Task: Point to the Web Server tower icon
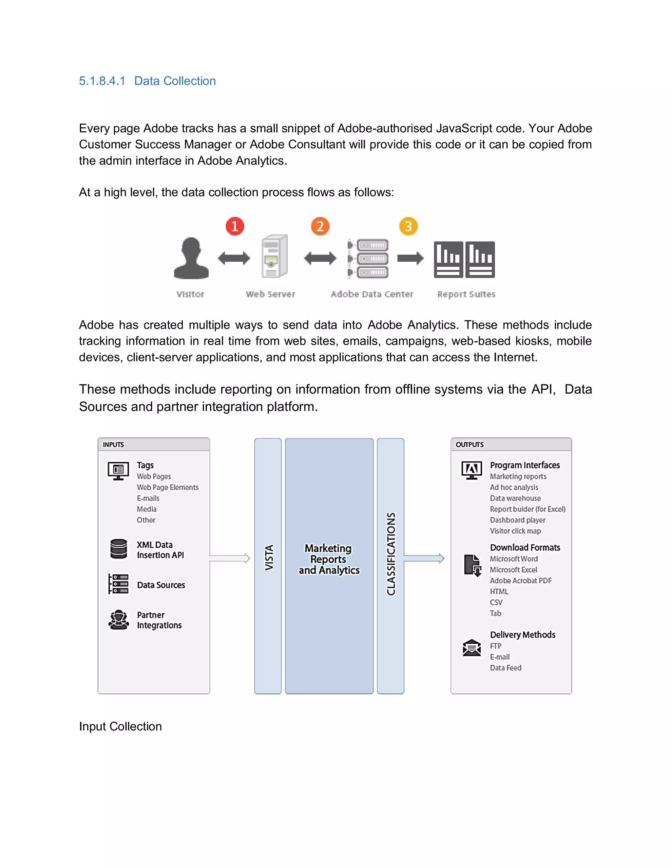pyautogui.click(x=274, y=256)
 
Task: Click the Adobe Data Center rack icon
pyautogui.click(x=369, y=258)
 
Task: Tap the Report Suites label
pyautogui.click(x=466, y=294)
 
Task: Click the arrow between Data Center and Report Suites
pyautogui.click(x=410, y=258)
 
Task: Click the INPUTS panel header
pyautogui.click(x=153, y=444)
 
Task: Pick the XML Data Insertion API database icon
pyautogui.click(x=119, y=549)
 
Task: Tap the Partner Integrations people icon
pyautogui.click(x=119, y=620)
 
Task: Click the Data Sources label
pyautogui.click(x=161, y=585)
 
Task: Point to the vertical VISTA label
pyautogui.click(x=269, y=557)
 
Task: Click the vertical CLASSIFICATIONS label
pyautogui.click(x=391, y=554)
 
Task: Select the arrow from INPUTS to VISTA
pyautogui.click(x=230, y=558)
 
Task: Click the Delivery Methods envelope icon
pyautogui.click(x=471, y=648)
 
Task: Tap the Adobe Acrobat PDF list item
pyautogui.click(x=521, y=580)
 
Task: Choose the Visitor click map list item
pyautogui.click(x=515, y=531)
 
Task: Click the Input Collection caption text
pyautogui.click(x=120, y=726)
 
